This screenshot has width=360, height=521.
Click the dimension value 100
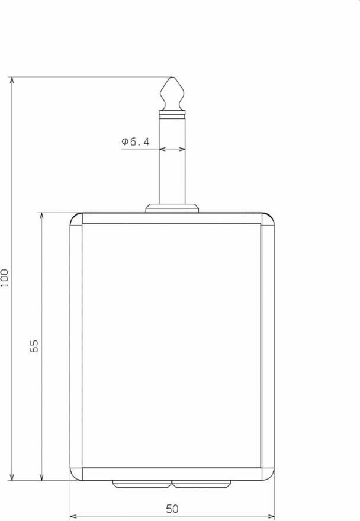pyautogui.click(x=5, y=278)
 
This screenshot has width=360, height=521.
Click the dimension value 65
pyautogui.click(x=34, y=346)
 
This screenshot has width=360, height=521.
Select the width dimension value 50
pyautogui.click(x=172, y=509)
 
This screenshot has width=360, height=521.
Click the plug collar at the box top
pyautogui.click(x=172, y=207)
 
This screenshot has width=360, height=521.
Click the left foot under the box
pyautogui.click(x=142, y=484)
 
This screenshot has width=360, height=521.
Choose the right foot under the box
pyautogui.click(x=202, y=484)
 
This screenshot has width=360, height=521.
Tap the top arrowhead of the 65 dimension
pyautogui.click(x=41, y=217)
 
